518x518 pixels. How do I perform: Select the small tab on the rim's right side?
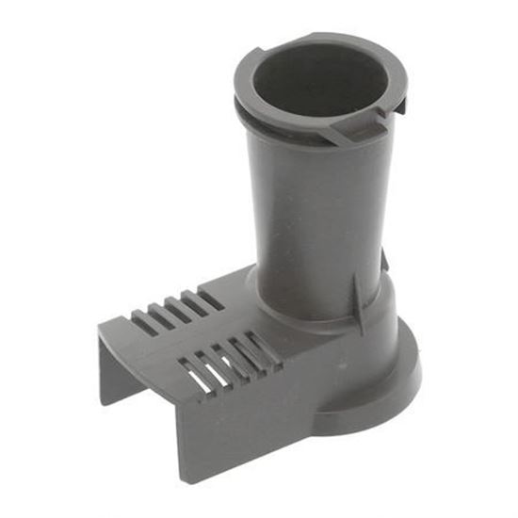pyautogui.click(x=399, y=106)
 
